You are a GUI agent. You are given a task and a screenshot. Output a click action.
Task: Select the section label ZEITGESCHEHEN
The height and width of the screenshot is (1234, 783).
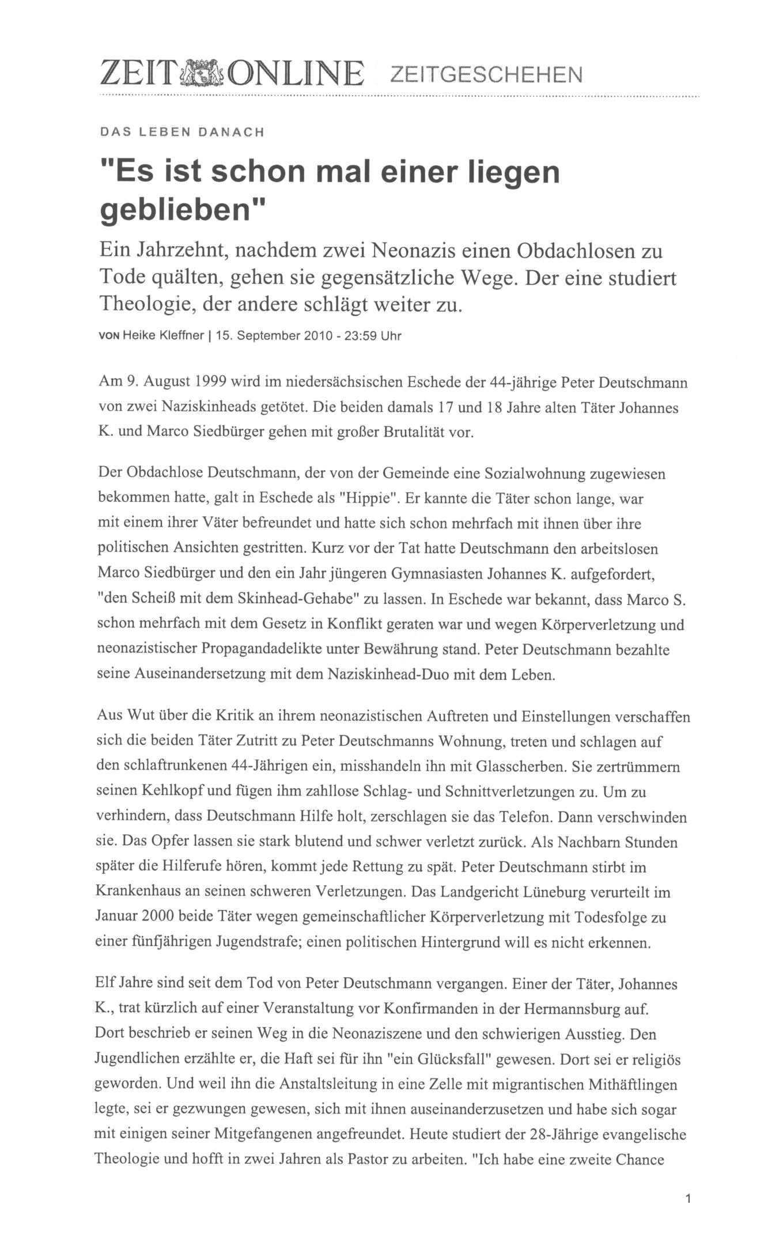pyautogui.click(x=486, y=74)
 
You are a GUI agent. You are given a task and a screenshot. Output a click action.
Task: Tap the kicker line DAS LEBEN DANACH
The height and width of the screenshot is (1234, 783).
pyautogui.click(x=182, y=132)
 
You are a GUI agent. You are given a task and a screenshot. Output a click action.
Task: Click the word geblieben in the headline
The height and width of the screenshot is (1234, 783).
pyautogui.click(x=176, y=210)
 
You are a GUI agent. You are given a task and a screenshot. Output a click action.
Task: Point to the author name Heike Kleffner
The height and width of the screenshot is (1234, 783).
pyautogui.click(x=164, y=336)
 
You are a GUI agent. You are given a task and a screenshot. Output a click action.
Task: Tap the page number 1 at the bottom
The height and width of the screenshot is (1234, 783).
pyautogui.click(x=688, y=1199)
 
